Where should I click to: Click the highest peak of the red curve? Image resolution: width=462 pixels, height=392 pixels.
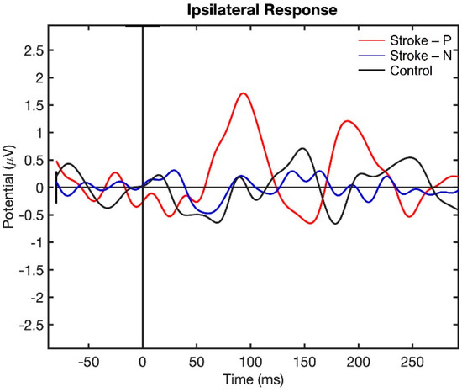[x=244, y=93]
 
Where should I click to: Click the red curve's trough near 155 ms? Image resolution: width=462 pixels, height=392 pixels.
[x=310, y=223]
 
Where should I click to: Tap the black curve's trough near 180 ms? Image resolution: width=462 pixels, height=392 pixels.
[x=334, y=224]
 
